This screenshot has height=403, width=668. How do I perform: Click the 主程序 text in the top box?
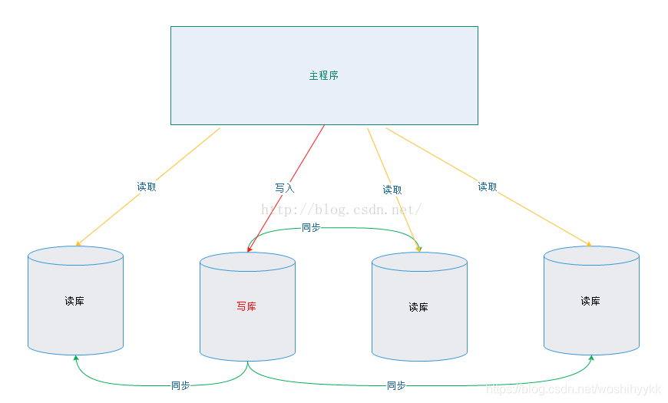coord(324,76)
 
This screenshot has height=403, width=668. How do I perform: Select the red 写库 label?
coord(246,307)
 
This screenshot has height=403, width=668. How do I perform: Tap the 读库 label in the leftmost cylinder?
coord(74,301)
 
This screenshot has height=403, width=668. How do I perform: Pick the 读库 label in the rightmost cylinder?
coord(590,301)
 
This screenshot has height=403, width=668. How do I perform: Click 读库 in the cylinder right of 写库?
coord(418,307)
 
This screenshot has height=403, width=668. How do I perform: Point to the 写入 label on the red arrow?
coord(284,188)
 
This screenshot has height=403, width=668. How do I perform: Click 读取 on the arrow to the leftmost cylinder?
coord(146,187)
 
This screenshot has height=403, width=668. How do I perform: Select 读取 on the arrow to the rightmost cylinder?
coord(487,187)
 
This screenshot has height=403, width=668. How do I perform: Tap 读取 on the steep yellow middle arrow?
coord(392,190)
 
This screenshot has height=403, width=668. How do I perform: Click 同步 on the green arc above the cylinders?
coord(311,227)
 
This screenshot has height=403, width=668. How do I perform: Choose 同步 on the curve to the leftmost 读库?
coord(180,385)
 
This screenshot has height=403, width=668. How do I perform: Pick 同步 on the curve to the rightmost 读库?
coord(396,385)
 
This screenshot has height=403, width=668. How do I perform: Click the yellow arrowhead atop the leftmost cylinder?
coord(78,244)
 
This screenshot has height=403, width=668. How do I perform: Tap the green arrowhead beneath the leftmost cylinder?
coord(75,358)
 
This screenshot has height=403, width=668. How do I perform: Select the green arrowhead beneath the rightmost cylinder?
coord(591,358)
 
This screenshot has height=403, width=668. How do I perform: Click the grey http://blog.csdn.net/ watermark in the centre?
coord(342,210)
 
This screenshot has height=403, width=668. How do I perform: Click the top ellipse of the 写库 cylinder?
coord(247,263)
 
